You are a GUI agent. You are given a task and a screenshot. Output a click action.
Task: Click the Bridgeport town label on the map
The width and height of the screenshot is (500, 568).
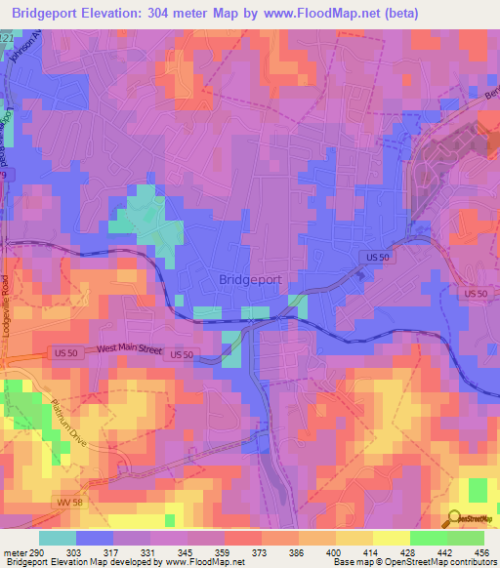tap(250, 279)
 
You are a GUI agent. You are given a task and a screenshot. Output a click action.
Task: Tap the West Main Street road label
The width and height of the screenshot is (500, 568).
tap(130, 348)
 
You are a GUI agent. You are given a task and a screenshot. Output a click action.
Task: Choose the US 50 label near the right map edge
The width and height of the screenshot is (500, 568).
tap(476, 294)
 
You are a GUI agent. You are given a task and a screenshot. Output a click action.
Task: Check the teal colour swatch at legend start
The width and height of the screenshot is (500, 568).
tap(58, 538)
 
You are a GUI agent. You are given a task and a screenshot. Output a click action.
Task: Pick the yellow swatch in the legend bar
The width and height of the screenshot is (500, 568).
tap(391, 538)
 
